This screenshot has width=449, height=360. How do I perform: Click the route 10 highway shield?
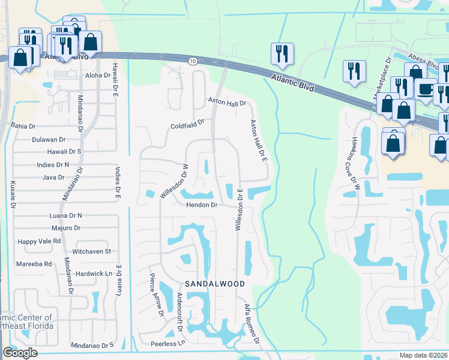click(x=192, y=61)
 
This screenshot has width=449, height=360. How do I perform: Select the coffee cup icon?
click(x=425, y=89)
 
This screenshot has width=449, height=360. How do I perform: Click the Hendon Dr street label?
click(x=200, y=205)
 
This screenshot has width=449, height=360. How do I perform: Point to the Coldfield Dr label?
click(x=187, y=127)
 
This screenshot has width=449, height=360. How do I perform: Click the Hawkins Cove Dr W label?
click(x=357, y=157)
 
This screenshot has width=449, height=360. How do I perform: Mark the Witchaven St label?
click(x=91, y=251)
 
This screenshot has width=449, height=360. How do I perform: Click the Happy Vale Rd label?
click(x=40, y=241)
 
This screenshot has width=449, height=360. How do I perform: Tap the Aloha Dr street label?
click(x=98, y=76)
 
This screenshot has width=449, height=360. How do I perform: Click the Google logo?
click(x=20, y=353)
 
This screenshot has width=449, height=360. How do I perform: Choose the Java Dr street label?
click(x=53, y=177)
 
